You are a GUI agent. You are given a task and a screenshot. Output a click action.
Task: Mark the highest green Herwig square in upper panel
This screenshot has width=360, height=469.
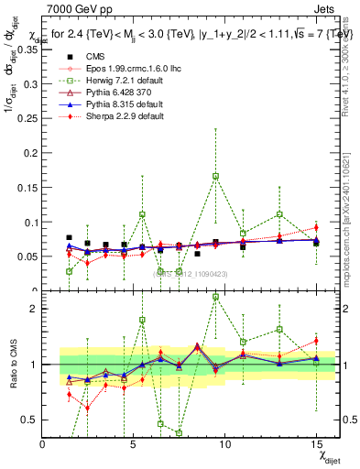[215, 176]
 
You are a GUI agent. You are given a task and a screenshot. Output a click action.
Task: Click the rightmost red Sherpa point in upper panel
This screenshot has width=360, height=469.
[316, 227]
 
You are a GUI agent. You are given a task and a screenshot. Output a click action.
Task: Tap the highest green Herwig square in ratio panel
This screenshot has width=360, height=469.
[215, 297]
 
